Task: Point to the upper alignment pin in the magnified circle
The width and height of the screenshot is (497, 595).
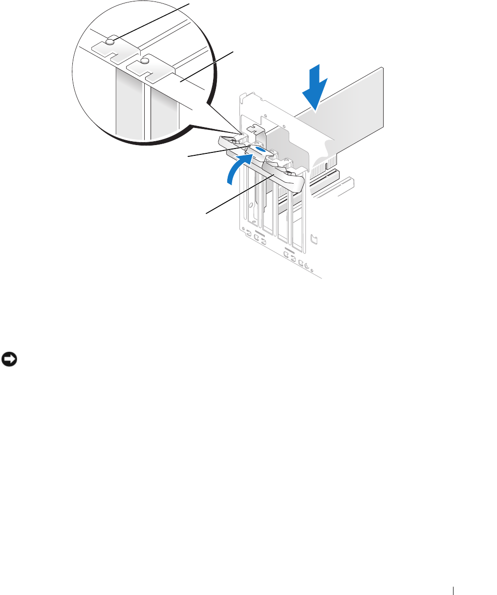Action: coord(111,42)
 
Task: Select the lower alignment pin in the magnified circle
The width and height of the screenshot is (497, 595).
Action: coord(145,61)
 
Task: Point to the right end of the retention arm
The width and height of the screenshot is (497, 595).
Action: coord(298,184)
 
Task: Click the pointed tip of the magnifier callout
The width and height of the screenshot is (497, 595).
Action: coord(241,133)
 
